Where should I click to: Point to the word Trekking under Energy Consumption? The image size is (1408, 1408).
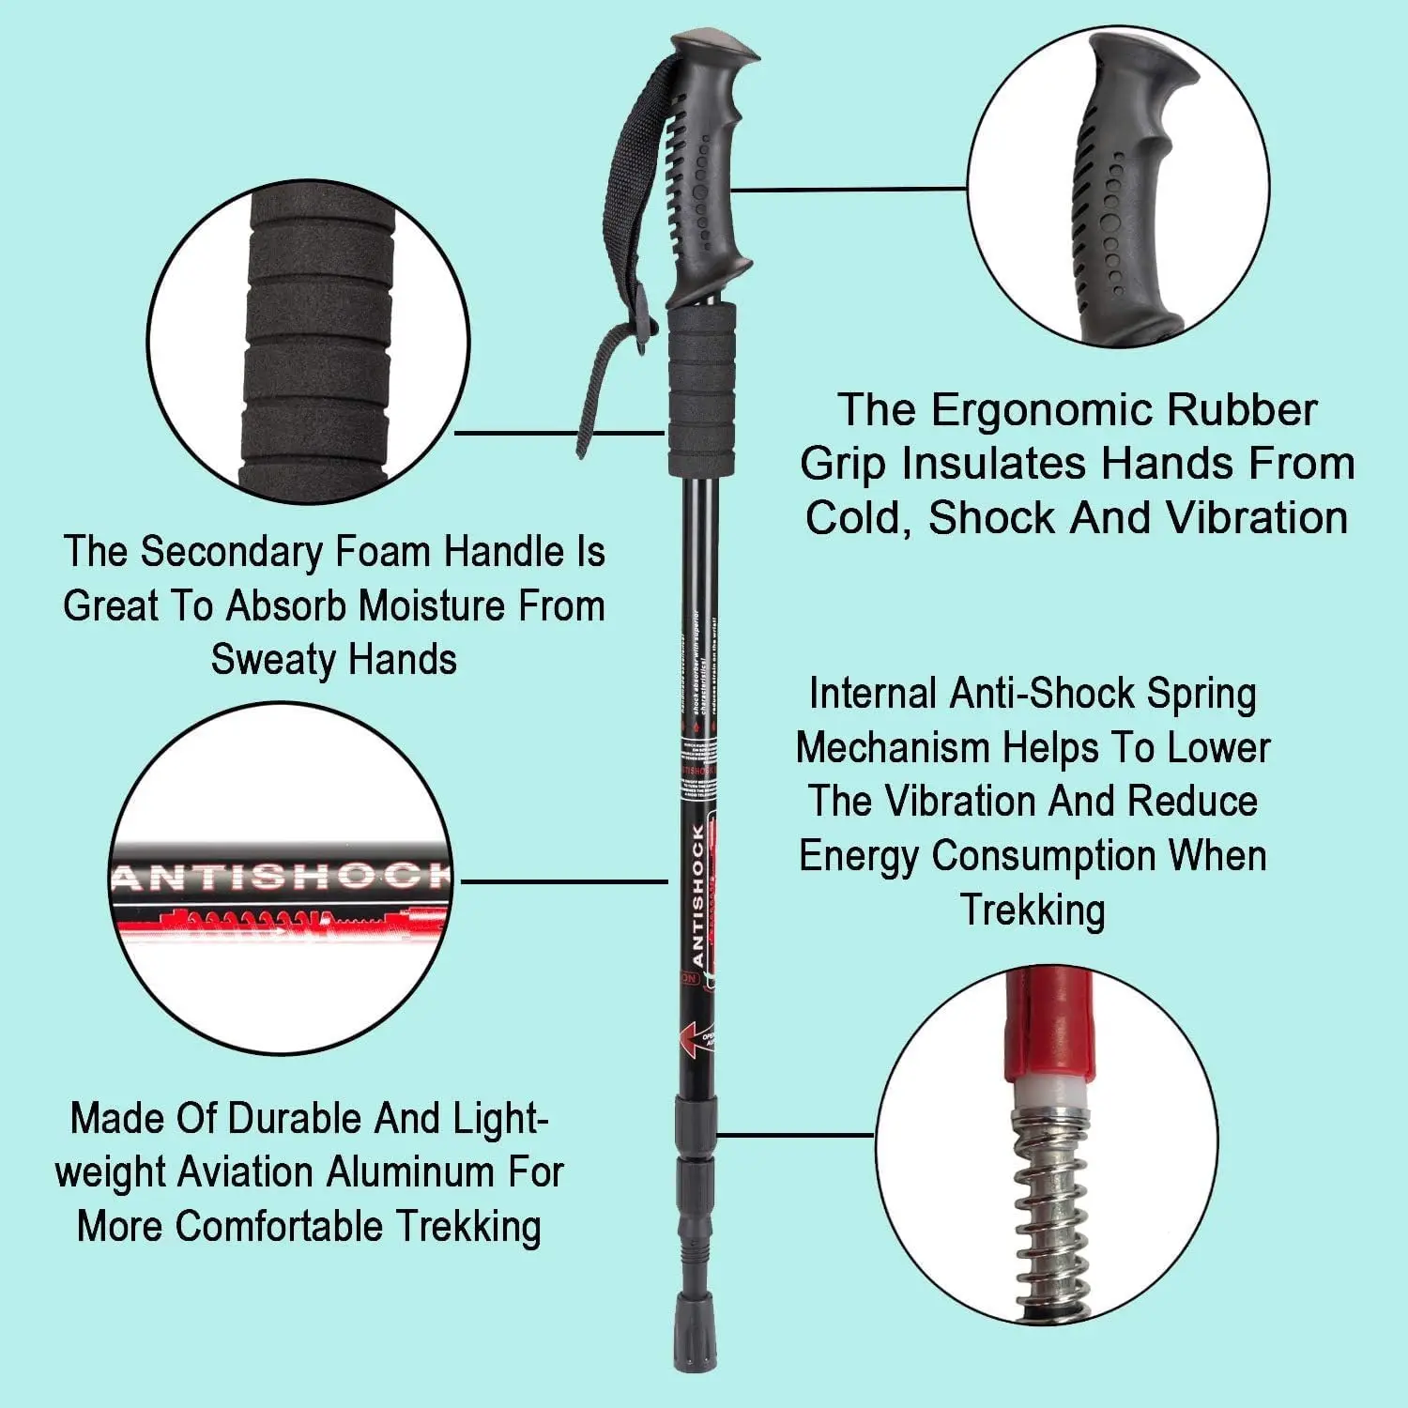1033,910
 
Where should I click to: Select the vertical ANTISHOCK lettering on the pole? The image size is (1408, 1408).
697,896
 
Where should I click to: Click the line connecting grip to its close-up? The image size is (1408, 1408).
849,189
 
